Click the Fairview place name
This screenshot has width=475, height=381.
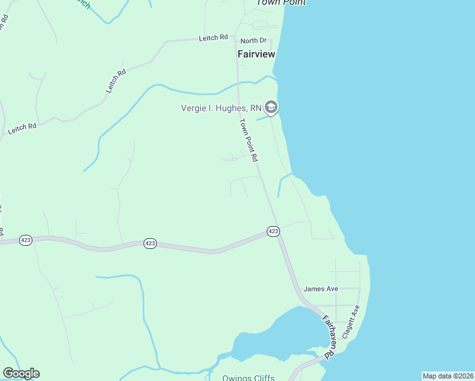[256, 54]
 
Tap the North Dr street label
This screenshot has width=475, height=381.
[254, 41]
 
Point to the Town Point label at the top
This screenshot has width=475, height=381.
[281, 3]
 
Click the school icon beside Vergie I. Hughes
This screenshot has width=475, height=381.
[271, 107]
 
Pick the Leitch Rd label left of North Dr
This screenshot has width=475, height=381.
[213, 38]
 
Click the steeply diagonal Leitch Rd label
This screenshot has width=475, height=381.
[116, 81]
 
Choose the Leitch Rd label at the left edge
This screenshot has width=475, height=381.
[22, 128]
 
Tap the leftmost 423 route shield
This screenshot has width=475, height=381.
[25, 240]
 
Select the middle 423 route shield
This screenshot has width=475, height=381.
[150, 244]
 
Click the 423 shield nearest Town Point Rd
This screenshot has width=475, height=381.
[272, 231]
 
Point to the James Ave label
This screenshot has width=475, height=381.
[321, 289]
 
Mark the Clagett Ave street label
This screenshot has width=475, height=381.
[351, 321]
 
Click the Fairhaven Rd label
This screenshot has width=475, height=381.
[328, 337]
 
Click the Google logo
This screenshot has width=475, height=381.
[21, 373]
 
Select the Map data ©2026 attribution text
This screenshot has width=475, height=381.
[448, 376]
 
